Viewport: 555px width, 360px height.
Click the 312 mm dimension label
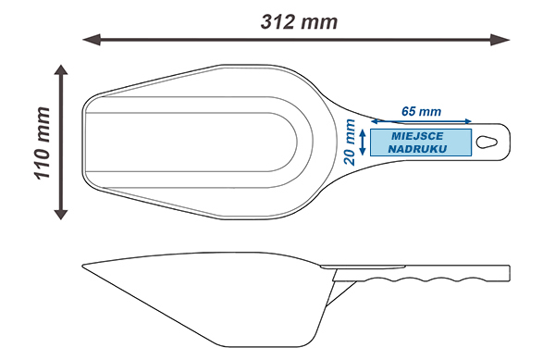[x=299, y=22]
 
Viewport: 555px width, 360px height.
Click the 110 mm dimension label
[x=43, y=143]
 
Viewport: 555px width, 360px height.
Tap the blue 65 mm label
[x=421, y=111]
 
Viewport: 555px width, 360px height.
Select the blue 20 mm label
[x=350, y=143]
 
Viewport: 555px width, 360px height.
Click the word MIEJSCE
[x=417, y=136]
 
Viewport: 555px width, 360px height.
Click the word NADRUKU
[x=417, y=149]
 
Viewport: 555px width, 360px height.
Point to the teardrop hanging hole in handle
[x=487, y=142]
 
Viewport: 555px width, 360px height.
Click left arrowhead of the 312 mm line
[x=92, y=40]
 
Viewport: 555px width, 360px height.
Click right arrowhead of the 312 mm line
[x=500, y=40]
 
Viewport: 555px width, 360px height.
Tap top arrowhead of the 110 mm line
[x=61, y=69]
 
